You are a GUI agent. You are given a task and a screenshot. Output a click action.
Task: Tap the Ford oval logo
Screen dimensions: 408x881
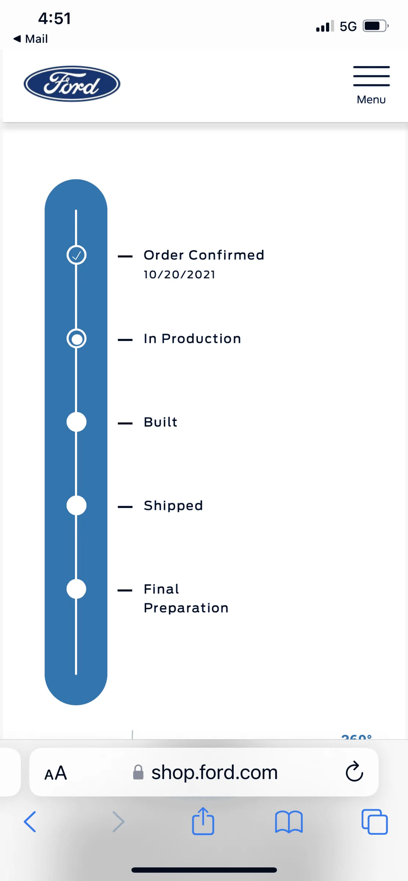[x=72, y=84]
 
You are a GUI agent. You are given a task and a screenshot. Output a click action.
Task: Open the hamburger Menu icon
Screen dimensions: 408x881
[x=371, y=76]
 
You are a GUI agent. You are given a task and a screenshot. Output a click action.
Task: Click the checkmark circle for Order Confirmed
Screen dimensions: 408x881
[x=76, y=255]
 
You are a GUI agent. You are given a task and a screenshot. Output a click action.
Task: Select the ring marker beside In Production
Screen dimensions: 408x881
[x=76, y=338]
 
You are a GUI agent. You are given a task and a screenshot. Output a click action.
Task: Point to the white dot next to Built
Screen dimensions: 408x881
[x=76, y=422]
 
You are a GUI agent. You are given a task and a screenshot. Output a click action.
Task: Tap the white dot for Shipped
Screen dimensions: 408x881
[x=76, y=505]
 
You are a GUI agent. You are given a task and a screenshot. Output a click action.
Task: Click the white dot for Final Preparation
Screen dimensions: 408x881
[x=76, y=589]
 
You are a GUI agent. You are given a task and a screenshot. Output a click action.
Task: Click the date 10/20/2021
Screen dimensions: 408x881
[x=179, y=275]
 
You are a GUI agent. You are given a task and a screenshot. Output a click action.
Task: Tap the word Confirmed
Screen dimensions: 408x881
[x=226, y=255]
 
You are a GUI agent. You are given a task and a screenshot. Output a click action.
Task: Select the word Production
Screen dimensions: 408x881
[x=201, y=338]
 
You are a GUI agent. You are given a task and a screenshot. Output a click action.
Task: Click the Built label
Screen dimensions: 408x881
[x=161, y=422]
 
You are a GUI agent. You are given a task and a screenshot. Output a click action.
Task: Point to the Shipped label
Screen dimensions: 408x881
[x=173, y=506]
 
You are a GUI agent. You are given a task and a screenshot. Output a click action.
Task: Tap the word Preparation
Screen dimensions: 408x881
[x=186, y=608]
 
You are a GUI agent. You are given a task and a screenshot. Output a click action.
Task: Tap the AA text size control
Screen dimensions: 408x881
[x=56, y=773]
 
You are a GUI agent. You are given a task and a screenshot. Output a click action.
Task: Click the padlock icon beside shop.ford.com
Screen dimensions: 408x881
[x=138, y=772]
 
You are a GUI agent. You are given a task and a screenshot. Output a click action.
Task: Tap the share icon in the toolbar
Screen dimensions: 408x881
[x=203, y=821]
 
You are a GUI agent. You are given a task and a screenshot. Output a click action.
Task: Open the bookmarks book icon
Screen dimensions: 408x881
[x=289, y=822]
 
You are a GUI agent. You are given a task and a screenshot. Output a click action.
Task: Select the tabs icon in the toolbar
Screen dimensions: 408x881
[x=375, y=822]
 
